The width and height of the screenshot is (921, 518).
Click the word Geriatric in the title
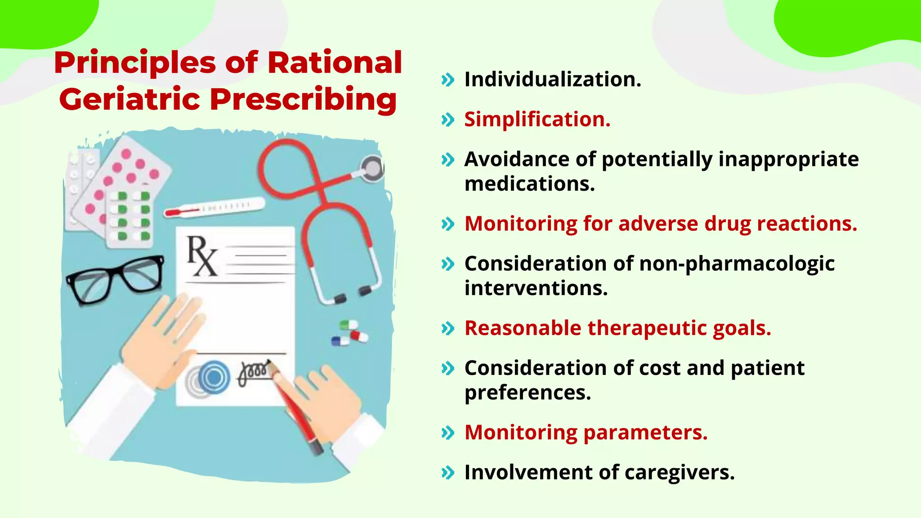click(130, 99)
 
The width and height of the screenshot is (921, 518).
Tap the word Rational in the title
click(335, 63)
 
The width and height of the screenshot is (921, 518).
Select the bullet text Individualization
click(553, 80)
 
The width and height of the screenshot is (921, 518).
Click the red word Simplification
click(537, 120)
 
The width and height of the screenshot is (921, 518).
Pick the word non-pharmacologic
click(737, 264)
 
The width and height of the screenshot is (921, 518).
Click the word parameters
click(645, 433)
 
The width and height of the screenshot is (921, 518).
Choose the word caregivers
click(680, 473)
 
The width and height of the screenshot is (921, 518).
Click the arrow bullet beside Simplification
click(448, 120)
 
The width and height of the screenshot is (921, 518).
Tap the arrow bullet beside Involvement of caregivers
click(448, 473)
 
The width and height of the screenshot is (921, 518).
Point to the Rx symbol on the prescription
click(201, 256)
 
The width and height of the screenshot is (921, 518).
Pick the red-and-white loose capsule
click(359, 336)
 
